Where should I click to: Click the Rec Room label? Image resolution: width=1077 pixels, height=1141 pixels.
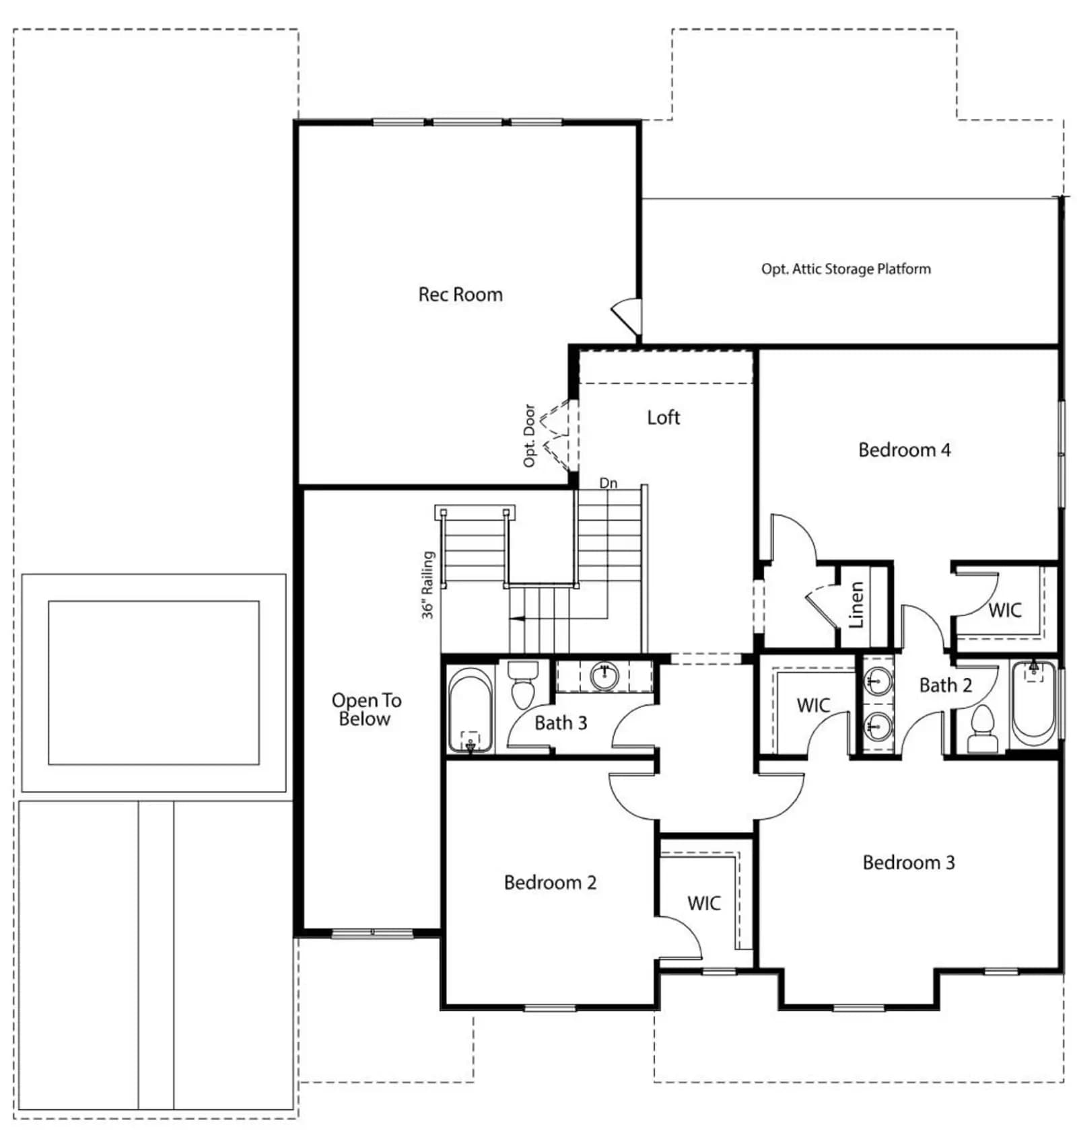coord(460,294)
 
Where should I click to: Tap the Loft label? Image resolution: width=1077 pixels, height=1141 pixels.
coord(664,417)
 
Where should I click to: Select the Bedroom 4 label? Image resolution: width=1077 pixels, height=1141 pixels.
coord(904,449)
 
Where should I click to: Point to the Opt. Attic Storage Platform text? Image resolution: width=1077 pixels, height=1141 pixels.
coord(846,268)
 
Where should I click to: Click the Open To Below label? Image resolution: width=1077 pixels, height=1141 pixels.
coord(366,709)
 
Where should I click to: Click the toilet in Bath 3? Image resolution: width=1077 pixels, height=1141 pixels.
coord(522,684)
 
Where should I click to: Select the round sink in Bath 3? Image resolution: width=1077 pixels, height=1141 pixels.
coord(604,676)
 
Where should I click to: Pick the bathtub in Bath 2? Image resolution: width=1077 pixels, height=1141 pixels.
coord(1034,704)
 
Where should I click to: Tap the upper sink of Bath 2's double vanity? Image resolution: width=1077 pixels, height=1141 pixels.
coord(878,682)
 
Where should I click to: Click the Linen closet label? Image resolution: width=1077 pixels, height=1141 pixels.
coord(856,605)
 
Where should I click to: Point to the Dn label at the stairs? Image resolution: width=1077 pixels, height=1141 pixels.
coord(609,483)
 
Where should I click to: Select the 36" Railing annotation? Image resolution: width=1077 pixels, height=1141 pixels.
coord(428,585)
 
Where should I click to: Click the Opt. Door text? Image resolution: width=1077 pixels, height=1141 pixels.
coord(530,435)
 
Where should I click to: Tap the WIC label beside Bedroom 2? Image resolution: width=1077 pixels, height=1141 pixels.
coord(704,903)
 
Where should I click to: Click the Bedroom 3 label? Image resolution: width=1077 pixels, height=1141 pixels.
coord(909,862)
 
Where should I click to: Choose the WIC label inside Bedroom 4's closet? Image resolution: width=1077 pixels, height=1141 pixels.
coord(1005,610)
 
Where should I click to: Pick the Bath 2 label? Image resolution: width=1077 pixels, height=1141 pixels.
coord(946,686)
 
